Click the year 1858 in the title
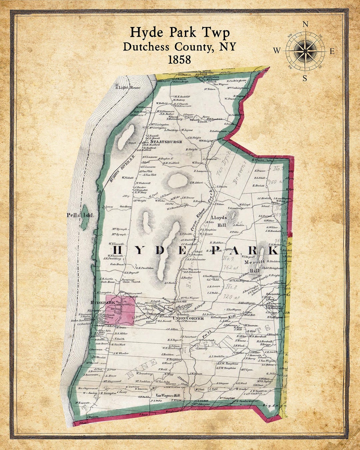(180, 59)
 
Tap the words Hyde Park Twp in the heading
(180, 33)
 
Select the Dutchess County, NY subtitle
(180, 46)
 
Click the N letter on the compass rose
(305, 24)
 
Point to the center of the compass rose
(305, 51)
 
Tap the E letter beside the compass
(332, 51)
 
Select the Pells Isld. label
(80, 215)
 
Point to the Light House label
(128, 88)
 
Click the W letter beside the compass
(277, 51)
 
